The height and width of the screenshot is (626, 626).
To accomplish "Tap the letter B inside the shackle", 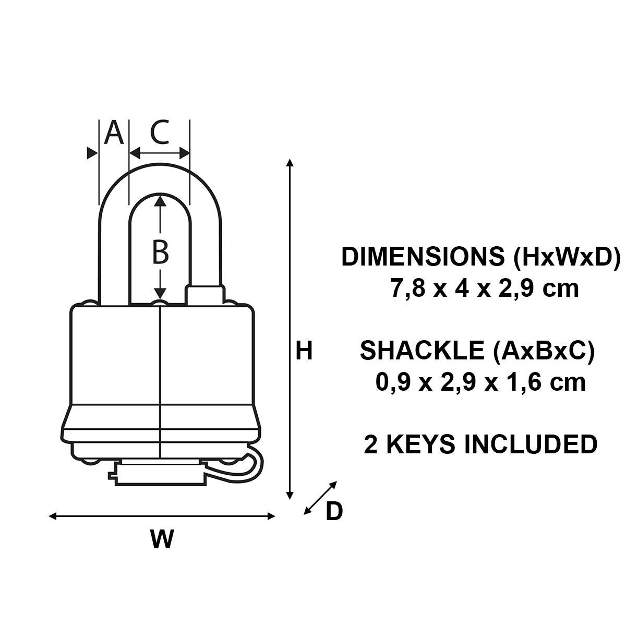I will coord(160,252).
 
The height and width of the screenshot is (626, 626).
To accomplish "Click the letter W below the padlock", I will coord(162,539).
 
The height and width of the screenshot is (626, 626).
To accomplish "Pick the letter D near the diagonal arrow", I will coord(334,512).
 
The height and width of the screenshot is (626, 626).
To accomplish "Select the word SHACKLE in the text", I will coord(422,351).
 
